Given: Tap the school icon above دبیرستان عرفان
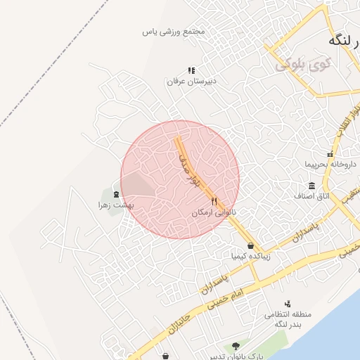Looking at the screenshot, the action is (x=191, y=70).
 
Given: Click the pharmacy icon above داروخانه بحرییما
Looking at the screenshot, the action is (x=329, y=154).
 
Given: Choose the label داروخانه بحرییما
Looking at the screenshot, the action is (x=330, y=165).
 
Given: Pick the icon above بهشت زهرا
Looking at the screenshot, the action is (x=116, y=194).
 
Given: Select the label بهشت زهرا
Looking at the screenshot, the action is (x=116, y=205).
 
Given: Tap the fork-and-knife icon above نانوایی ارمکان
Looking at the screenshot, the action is (x=214, y=201).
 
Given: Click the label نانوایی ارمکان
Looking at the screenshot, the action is (x=214, y=211).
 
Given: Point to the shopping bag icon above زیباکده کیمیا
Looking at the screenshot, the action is (x=250, y=245).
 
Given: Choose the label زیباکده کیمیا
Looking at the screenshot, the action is (x=250, y=256).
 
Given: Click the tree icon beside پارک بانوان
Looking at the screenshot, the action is (x=236, y=346).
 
